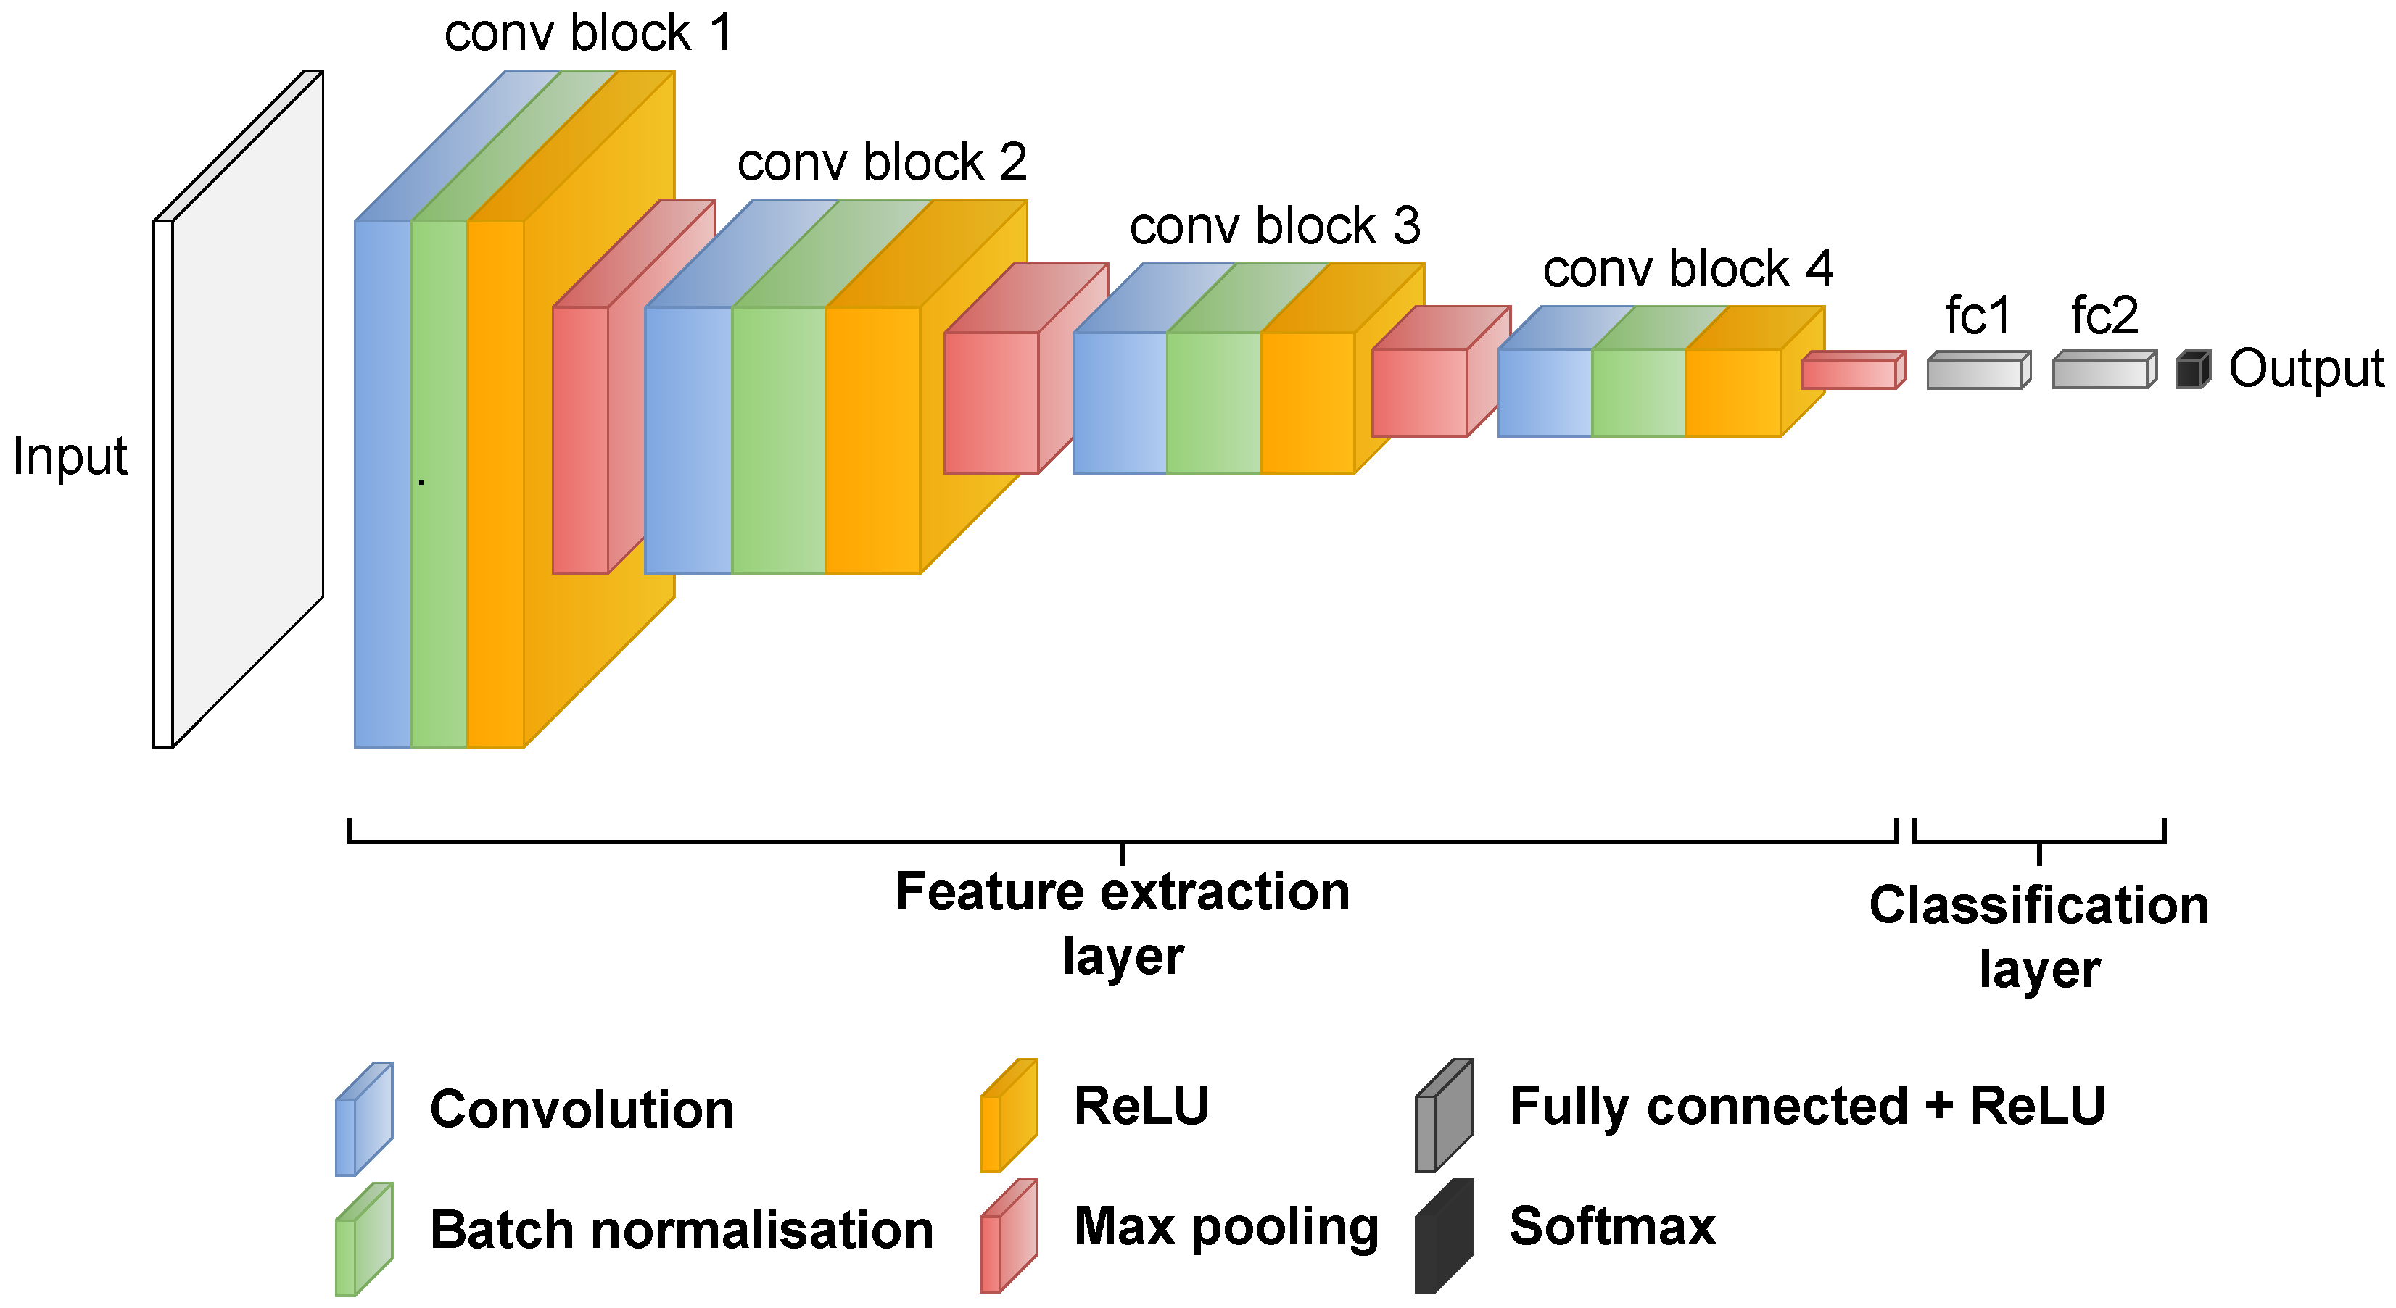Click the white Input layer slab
(x=247, y=409)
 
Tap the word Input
(x=70, y=457)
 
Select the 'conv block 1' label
(x=588, y=33)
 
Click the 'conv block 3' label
(x=1274, y=226)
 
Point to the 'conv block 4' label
(x=1687, y=269)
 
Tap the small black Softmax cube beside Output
(x=2191, y=370)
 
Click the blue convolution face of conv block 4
(x=1544, y=392)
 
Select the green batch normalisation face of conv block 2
(x=779, y=440)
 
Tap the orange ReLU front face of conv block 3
(x=1307, y=402)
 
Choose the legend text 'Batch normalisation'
(x=681, y=1230)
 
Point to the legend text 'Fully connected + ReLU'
(x=1806, y=1107)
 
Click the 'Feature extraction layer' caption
(x=1123, y=923)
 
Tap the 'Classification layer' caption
(x=2038, y=937)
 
